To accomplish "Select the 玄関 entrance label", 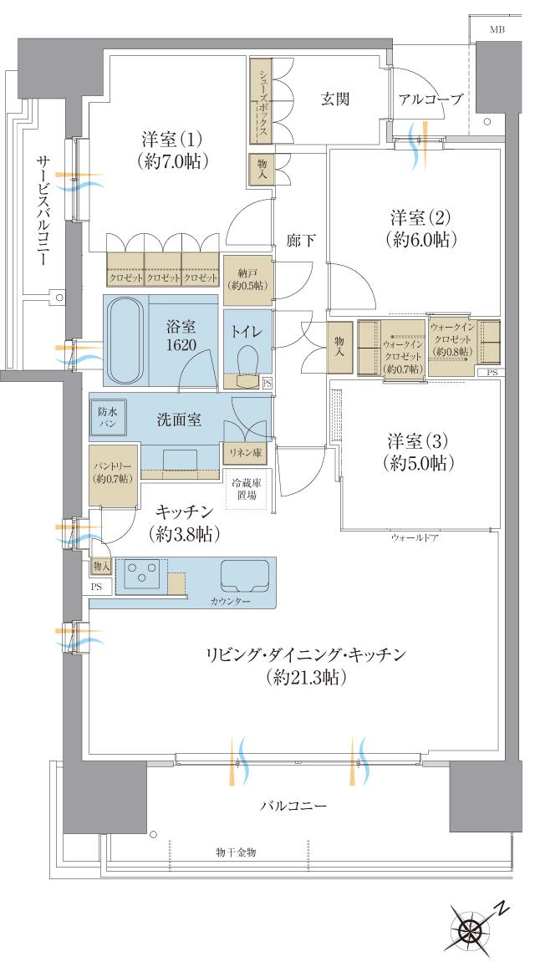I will tap(334, 99).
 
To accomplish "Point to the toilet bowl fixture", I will tap(247, 364).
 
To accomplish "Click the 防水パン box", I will tap(108, 418).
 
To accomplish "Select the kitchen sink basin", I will tap(244, 576).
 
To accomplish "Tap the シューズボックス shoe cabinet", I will tap(262, 102).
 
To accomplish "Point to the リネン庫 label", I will tap(245, 451).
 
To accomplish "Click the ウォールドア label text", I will tap(415, 538).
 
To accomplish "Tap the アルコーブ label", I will tap(431, 99).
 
